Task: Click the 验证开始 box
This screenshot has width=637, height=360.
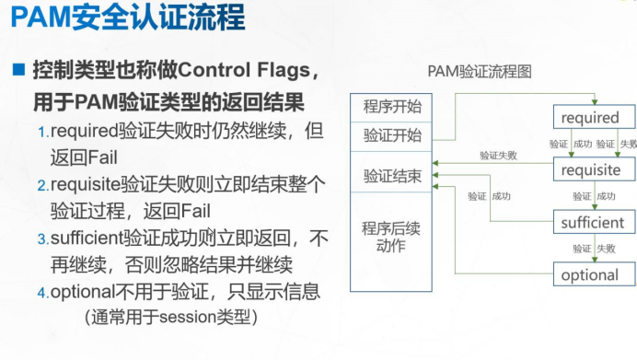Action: pyautogui.click(x=392, y=135)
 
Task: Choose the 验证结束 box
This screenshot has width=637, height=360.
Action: pyautogui.click(x=392, y=176)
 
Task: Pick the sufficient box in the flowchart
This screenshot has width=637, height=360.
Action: pyautogui.click(x=592, y=223)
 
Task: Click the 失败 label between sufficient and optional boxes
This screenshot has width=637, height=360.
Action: pyautogui.click(x=605, y=249)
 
